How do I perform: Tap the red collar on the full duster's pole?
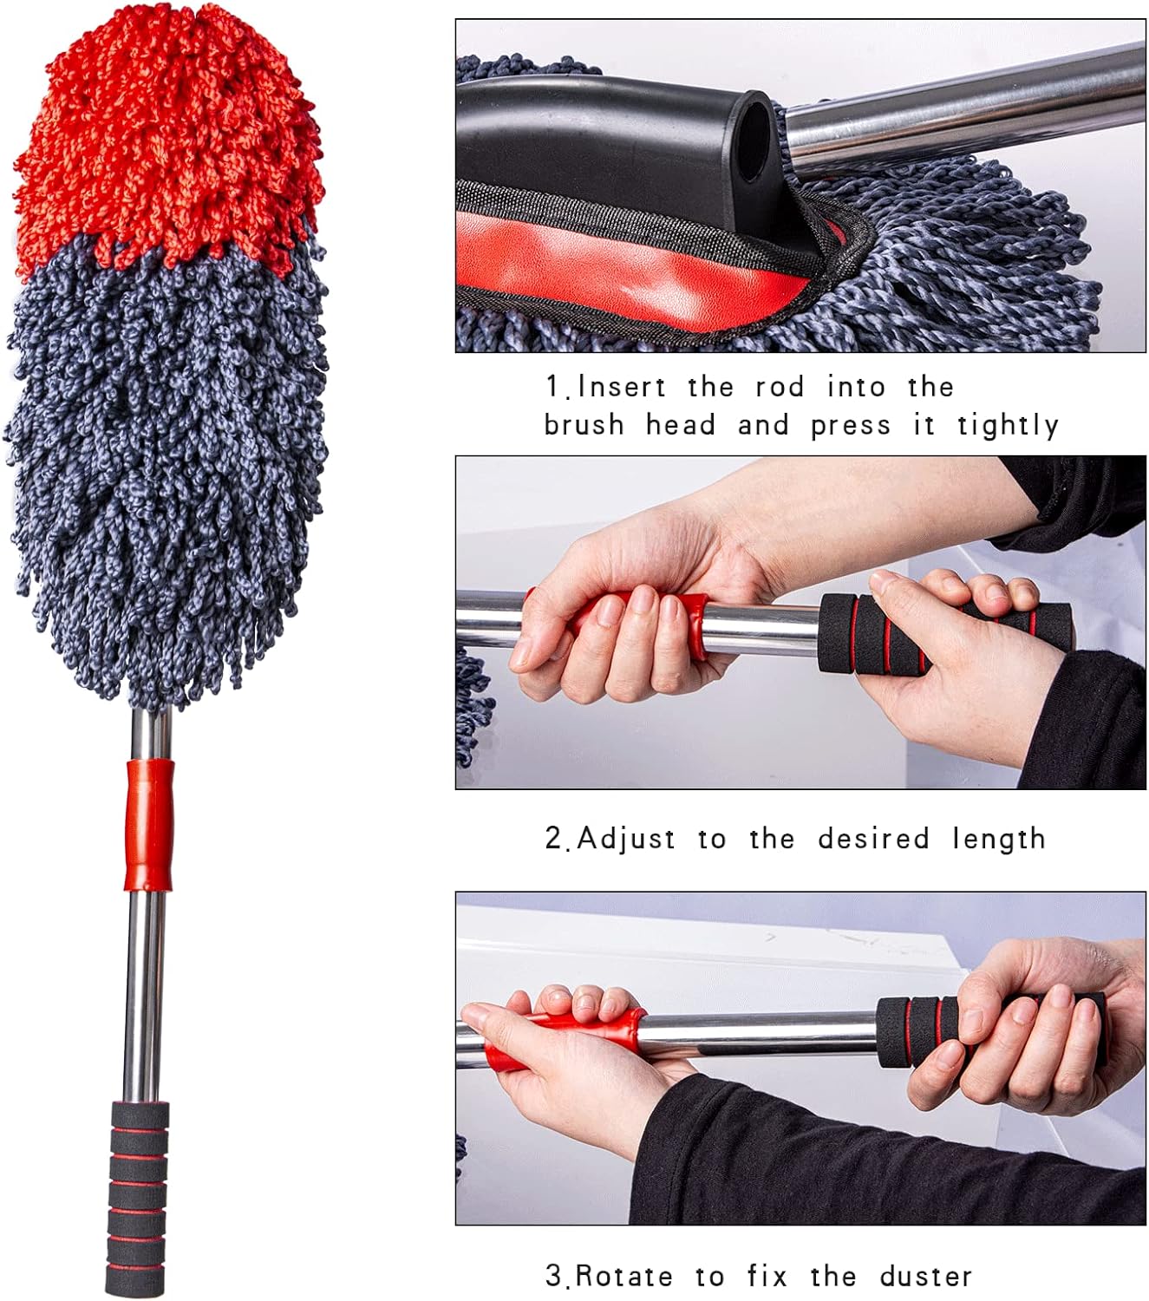pos(149,824)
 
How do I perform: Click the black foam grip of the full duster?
pos(137,1197)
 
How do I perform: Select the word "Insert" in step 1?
pos(622,387)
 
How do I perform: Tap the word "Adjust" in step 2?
pos(626,839)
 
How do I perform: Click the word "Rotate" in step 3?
pos(623,1276)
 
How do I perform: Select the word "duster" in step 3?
pos(925,1276)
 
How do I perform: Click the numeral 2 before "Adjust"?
pos(554,839)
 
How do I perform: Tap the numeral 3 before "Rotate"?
pos(554,1276)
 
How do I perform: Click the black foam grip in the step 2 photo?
pos(876,633)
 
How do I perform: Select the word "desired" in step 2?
pos(873,839)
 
